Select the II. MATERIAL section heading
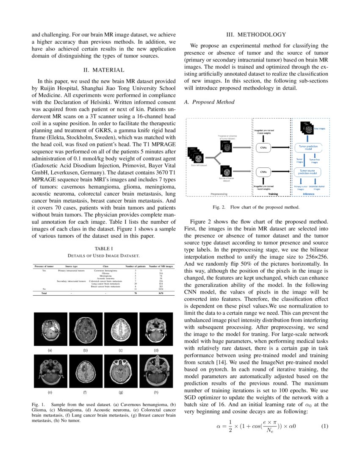pos(103,70)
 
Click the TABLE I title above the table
pos(103,248)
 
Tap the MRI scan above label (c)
pos(121,330)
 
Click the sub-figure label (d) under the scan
pos(156,350)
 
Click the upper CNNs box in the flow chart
pos(263,147)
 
